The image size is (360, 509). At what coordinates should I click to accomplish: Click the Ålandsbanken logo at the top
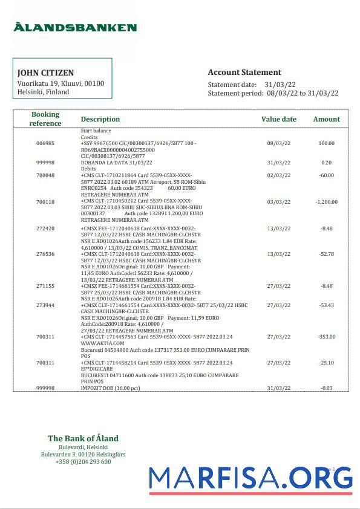[75, 27]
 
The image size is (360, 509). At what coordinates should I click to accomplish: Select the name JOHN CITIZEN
[45, 73]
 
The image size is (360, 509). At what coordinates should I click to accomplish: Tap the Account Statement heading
[244, 72]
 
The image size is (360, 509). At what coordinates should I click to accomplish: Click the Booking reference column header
[45, 118]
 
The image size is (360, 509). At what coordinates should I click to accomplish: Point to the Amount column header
[326, 119]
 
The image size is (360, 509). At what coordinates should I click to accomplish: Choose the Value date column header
[278, 119]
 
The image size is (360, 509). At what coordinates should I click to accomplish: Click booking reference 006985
[45, 143]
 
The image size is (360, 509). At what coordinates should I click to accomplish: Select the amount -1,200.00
[326, 202]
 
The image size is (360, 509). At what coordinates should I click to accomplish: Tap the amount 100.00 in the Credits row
[326, 143]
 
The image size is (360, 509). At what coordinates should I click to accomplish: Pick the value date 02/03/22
[278, 175]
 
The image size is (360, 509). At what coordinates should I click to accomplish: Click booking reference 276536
[45, 254]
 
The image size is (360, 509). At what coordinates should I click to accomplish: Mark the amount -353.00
[326, 337]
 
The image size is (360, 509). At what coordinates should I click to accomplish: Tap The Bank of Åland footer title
[83, 438]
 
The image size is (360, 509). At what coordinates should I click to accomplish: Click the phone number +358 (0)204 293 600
[83, 462]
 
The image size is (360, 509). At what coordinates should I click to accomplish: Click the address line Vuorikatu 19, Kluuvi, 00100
[61, 83]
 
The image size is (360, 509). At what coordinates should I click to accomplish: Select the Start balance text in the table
[96, 131]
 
